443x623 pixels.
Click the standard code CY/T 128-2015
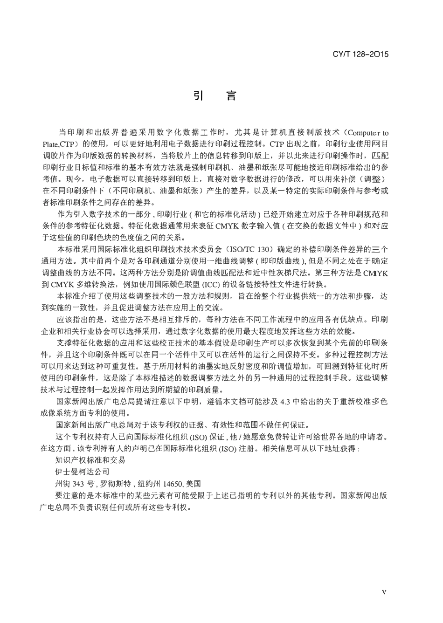(360, 55)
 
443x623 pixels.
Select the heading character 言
(231, 96)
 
